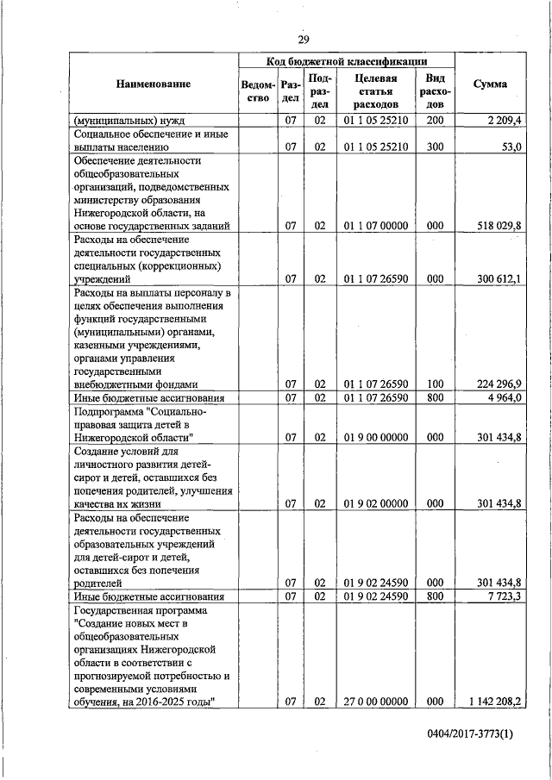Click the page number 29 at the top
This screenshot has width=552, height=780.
pos(303,40)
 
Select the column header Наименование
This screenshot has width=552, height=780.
pos(153,84)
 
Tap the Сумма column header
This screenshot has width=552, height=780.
pos(490,84)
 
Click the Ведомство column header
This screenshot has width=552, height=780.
pos(259,90)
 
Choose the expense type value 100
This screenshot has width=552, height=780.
pos(435,384)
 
